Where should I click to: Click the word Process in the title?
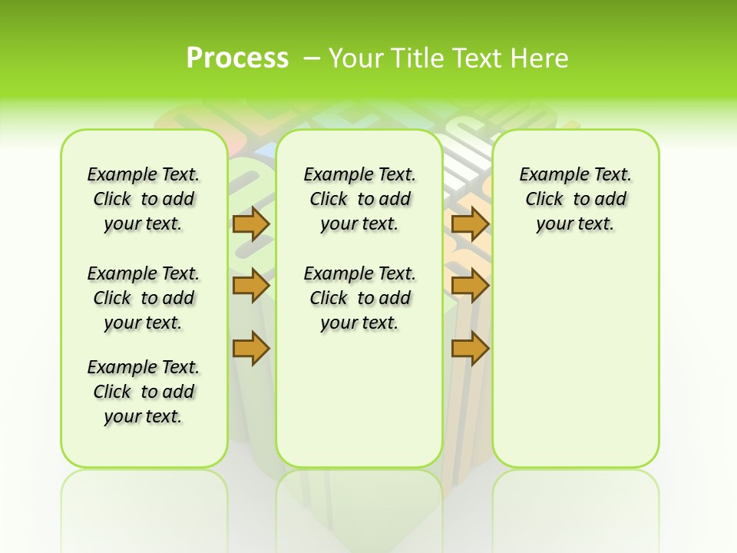(x=237, y=58)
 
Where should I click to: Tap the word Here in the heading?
(x=540, y=58)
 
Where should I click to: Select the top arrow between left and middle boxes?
(x=251, y=224)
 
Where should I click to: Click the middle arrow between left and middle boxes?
(x=251, y=286)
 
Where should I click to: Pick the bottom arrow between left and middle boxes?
(x=251, y=348)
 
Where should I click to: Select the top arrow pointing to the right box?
(x=471, y=224)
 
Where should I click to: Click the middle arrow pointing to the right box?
(x=471, y=286)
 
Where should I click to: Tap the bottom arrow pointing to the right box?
(x=471, y=348)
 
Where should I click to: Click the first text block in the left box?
(x=144, y=199)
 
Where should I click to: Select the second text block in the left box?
(x=144, y=298)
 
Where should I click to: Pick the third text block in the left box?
(x=144, y=392)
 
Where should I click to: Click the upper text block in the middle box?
(x=359, y=199)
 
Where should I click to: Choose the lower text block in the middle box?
(x=359, y=298)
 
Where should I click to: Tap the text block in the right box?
(x=575, y=199)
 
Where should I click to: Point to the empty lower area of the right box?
(x=575, y=361)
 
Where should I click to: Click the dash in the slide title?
(x=312, y=58)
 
